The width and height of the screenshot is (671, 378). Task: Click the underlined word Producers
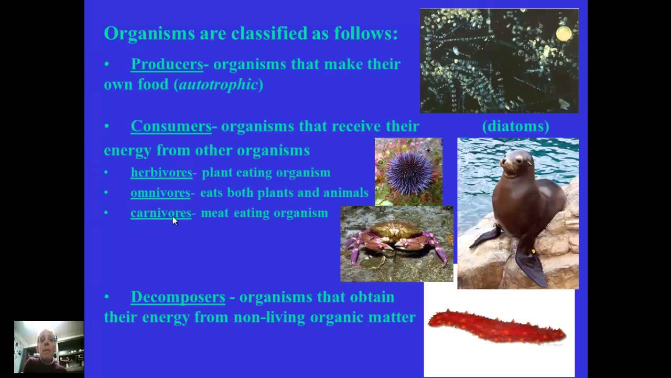tap(167, 64)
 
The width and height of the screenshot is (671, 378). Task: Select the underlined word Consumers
tap(171, 126)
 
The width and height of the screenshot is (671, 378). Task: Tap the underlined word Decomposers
tap(178, 297)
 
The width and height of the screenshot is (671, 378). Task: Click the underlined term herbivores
tap(161, 173)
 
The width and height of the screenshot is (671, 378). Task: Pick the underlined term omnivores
tap(160, 193)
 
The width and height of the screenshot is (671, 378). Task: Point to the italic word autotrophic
tap(218, 85)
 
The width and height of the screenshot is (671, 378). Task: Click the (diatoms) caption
tap(515, 126)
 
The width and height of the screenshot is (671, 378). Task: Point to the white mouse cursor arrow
tap(175, 220)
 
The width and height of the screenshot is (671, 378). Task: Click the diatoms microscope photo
tap(499, 61)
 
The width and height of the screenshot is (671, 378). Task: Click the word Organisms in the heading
tap(149, 34)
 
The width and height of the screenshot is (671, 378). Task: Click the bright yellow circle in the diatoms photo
tap(564, 34)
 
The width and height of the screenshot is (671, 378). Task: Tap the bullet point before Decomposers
tap(107, 297)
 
